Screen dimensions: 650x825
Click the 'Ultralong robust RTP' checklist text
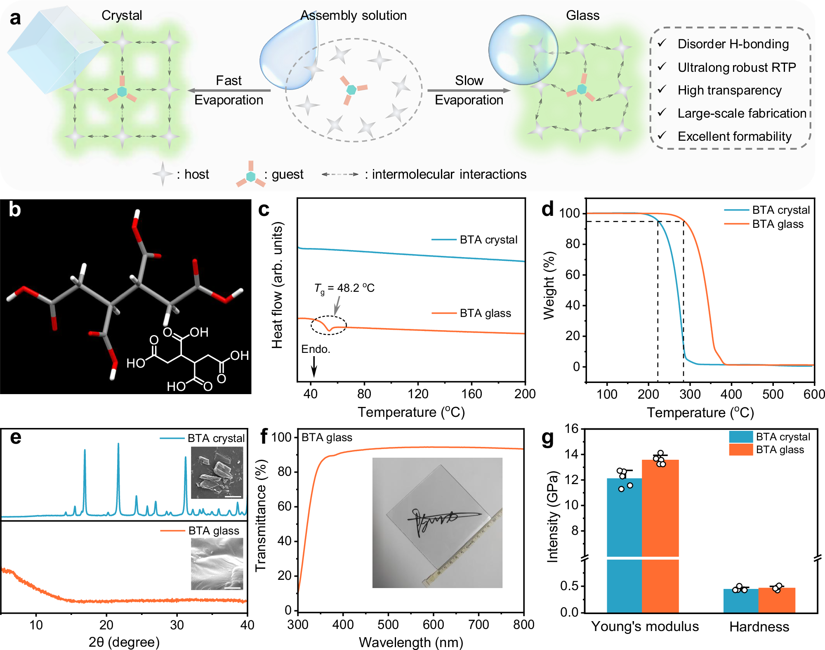(x=736, y=67)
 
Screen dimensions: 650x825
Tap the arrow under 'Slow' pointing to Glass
(x=469, y=90)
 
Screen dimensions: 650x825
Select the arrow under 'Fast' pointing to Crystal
(x=229, y=90)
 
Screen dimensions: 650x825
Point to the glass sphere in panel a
(x=523, y=50)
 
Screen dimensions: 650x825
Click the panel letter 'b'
(x=15, y=210)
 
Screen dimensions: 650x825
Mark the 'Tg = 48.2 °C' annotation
(x=344, y=288)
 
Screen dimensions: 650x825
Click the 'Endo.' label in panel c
(x=316, y=349)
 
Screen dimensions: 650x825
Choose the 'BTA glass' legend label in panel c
(x=485, y=313)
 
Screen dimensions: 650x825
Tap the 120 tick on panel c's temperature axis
(x=418, y=394)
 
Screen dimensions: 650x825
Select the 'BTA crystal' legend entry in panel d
(x=780, y=210)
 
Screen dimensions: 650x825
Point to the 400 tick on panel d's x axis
(x=731, y=394)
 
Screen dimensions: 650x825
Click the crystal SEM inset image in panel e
(x=217, y=473)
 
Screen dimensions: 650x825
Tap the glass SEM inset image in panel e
(x=217, y=564)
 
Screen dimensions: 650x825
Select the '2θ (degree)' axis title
(x=124, y=642)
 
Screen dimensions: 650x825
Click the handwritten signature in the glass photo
(x=441, y=520)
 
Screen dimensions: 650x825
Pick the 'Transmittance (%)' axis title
(x=261, y=515)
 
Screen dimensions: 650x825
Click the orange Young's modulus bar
(x=660, y=537)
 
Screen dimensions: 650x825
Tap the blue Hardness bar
(x=741, y=600)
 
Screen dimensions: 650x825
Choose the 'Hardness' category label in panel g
(x=759, y=626)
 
